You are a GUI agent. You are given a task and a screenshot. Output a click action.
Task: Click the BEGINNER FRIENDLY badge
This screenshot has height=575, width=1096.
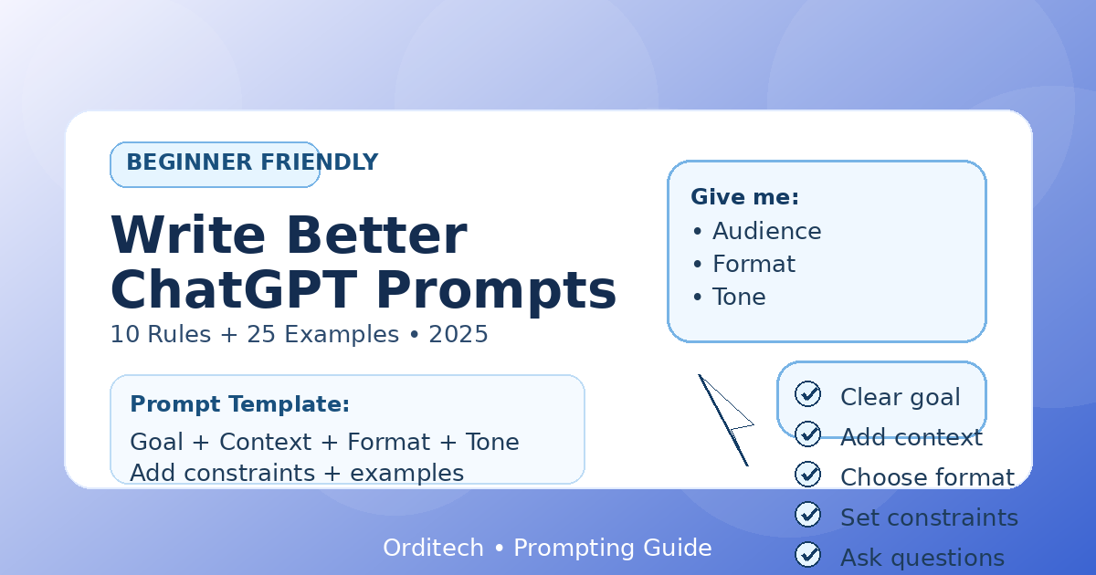[x=216, y=164]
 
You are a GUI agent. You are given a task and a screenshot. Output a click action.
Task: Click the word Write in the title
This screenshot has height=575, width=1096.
[x=188, y=235]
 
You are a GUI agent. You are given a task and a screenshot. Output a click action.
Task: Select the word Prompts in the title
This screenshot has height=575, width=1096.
[x=496, y=292]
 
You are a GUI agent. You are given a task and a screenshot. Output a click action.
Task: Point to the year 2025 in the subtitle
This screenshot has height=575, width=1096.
[x=458, y=334]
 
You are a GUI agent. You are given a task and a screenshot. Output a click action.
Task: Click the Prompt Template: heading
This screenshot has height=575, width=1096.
[x=239, y=404]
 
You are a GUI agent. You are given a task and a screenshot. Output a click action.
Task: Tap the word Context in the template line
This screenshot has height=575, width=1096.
[x=265, y=442]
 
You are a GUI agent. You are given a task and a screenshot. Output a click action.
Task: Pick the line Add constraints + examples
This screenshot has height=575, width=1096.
[x=297, y=473]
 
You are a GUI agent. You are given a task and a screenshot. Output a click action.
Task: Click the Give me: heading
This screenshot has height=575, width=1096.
[x=744, y=197]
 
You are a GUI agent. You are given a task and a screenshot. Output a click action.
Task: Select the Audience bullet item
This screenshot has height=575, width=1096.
[x=757, y=231]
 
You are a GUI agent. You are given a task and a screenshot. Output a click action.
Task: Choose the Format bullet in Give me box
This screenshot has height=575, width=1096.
[x=744, y=264]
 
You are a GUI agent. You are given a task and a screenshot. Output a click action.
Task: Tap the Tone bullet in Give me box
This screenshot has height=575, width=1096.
[x=729, y=297]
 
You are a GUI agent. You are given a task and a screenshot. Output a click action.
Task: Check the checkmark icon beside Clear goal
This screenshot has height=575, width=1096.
[x=807, y=394]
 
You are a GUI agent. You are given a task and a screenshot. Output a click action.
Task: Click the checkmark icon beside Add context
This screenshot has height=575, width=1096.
[x=807, y=434]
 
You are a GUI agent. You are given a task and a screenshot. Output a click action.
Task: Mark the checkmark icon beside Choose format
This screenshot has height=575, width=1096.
[x=807, y=475]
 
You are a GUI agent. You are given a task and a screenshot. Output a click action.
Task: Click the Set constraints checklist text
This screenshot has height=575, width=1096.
[x=929, y=517]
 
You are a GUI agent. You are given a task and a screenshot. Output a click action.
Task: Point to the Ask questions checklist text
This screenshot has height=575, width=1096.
[x=922, y=559]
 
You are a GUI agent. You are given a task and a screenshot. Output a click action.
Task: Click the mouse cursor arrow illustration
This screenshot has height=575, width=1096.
[x=726, y=421]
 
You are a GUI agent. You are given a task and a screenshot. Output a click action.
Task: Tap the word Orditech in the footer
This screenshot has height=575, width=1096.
[x=433, y=548]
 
